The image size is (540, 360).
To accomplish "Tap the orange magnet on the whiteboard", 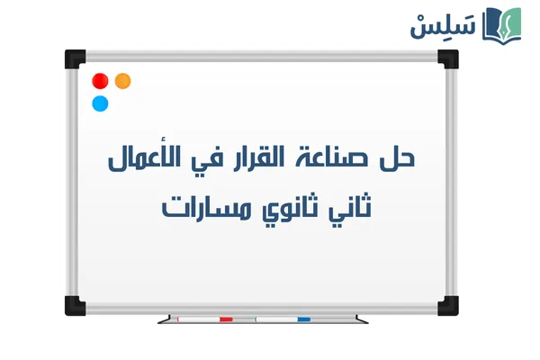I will pyautogui.click(x=123, y=81).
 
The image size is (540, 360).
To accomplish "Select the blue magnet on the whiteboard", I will pyautogui.click(x=100, y=103).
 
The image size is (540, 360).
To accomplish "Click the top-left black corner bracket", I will pyautogui.click(x=74, y=58).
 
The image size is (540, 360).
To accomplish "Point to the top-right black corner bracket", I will pyautogui.click(x=448, y=58).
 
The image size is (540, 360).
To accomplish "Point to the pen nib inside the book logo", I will pyautogui.click(x=508, y=22).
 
